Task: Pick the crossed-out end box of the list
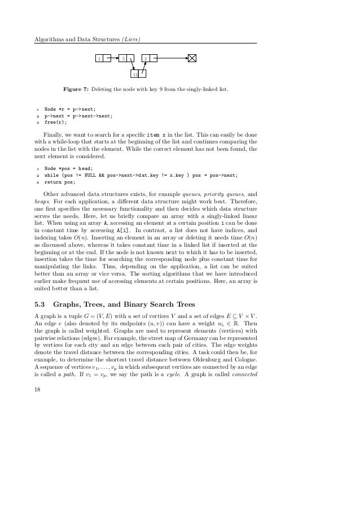pyautogui.click(x=192, y=58)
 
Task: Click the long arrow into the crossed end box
pyautogui.click(x=172, y=58)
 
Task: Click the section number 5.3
pyautogui.click(x=41, y=302)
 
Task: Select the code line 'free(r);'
pyautogui.click(x=55, y=121)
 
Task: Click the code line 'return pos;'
pyautogui.click(x=59, y=182)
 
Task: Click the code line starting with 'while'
pyautogui.click(x=141, y=176)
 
